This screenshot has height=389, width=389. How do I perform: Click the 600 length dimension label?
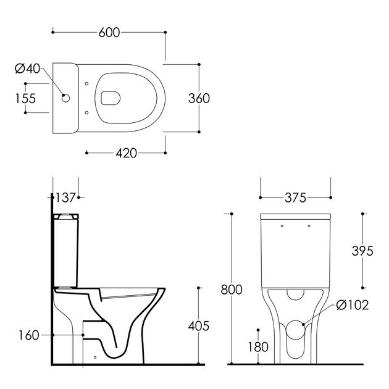tap(109, 33)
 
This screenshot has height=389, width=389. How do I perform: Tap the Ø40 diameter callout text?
tap(27, 69)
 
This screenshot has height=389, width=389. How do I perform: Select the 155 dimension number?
tap(25, 99)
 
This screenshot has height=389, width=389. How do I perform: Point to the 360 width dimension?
tap(199, 99)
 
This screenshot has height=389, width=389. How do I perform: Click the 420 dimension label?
tap(127, 153)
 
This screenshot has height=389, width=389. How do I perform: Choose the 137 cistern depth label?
tap(65, 198)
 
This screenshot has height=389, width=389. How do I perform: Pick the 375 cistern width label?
tap(296, 198)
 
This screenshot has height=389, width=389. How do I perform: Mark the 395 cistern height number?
tap(362, 251)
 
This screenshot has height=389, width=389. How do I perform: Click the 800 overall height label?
tap(232, 290)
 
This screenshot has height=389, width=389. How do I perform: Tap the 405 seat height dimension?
tap(199, 326)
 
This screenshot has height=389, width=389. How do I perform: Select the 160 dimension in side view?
tap(29, 335)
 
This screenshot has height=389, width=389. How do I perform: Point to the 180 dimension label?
tap(258, 347)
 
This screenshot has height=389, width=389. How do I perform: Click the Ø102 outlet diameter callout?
tap(353, 305)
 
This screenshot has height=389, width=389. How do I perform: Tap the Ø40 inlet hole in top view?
tap(65, 98)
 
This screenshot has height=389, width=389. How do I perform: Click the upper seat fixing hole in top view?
tap(86, 84)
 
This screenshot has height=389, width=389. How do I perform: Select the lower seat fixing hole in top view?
tap(86, 113)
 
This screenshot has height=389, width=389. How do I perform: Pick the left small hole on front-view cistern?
tap(282, 226)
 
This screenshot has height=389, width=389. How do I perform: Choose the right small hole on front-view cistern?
tap(309, 226)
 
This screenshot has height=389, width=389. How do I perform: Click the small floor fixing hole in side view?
tap(95, 357)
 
